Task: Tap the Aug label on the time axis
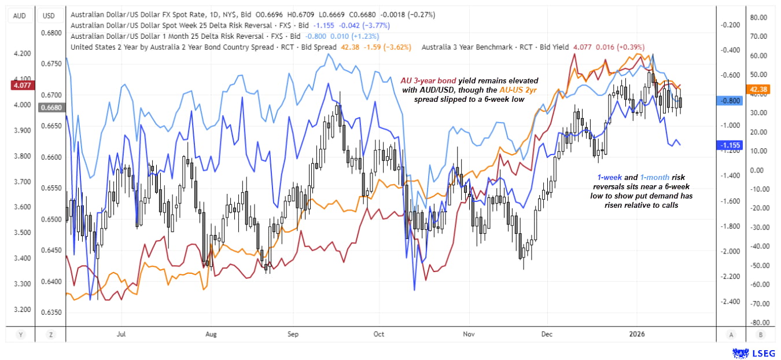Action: coord(211,334)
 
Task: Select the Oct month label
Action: coord(379,334)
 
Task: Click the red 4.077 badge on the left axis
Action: coord(20,85)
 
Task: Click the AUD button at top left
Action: coord(19,16)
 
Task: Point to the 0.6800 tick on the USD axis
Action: coord(50,33)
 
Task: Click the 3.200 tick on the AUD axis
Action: coord(21,310)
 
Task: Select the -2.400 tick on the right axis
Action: coord(731,302)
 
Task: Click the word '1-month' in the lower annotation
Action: coord(654,177)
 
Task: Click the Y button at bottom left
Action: coord(21,334)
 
